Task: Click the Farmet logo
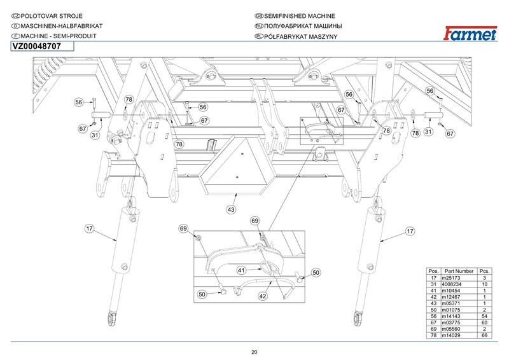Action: pos(470,34)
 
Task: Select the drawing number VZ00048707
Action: pos(36,46)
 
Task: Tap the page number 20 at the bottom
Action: pos(254,352)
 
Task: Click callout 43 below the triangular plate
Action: pos(231,210)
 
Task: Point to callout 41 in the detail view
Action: pos(241,270)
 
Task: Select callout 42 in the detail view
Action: pos(263,296)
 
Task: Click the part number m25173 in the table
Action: pos(450,278)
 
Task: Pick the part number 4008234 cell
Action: pos(451,284)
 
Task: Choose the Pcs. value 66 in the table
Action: pos(484,335)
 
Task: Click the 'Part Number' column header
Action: pos(459,271)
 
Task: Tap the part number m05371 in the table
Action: pos(450,303)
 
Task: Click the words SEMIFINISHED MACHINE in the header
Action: pos(299,16)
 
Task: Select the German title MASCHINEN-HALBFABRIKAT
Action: pos(61,26)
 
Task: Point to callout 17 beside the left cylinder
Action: pos(89,228)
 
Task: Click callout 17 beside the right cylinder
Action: pos(410,231)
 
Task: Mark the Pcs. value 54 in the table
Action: pos(484,316)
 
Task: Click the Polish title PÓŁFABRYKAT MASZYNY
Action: pos(300,36)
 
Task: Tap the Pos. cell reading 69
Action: pos(433,329)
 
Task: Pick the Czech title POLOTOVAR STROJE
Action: pos(52,16)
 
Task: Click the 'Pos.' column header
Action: pos(433,271)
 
